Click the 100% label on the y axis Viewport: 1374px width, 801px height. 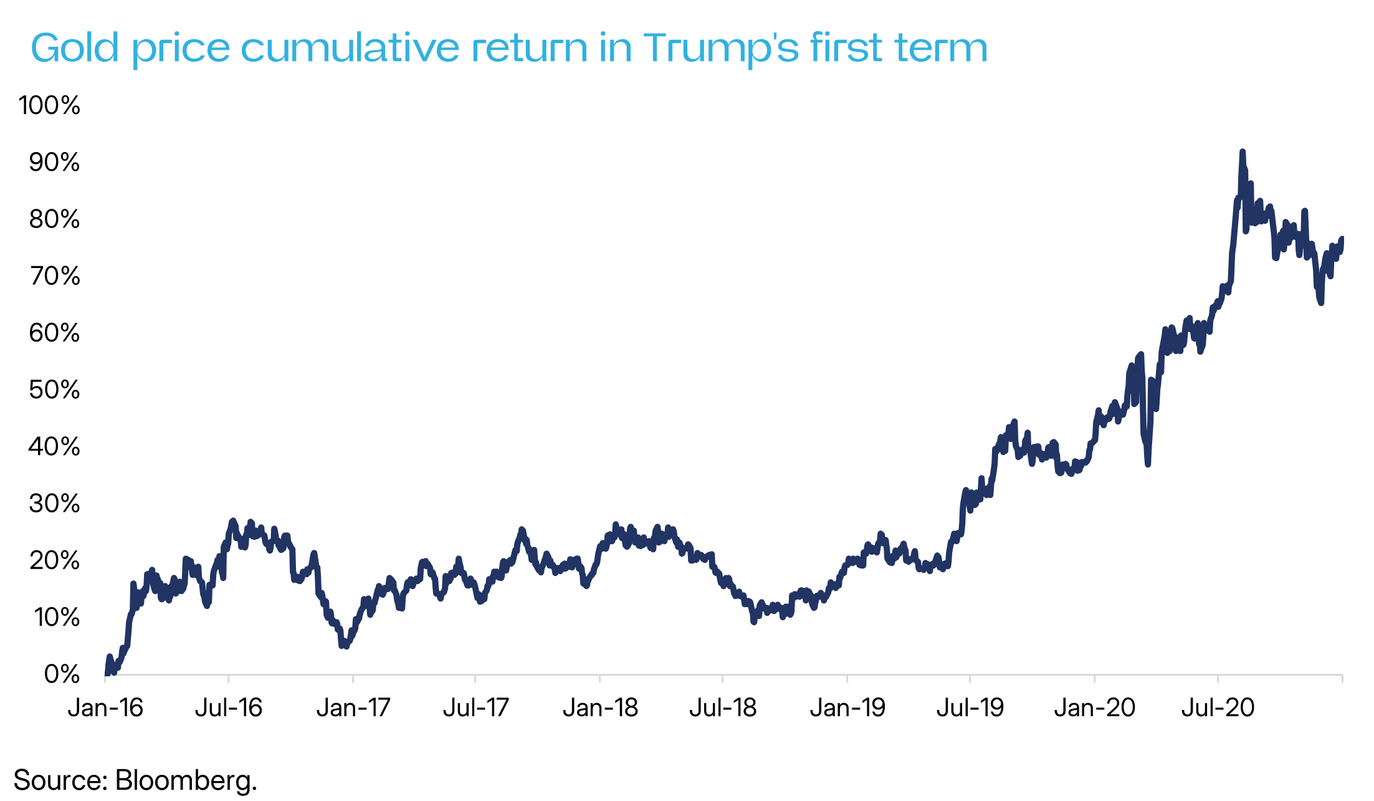click(50, 105)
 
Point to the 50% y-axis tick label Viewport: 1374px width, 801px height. click(54, 390)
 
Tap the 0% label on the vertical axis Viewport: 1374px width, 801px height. click(62, 674)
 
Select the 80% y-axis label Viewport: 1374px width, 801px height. click(54, 219)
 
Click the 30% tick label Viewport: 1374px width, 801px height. click(54, 504)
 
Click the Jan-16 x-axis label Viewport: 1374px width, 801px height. click(105, 708)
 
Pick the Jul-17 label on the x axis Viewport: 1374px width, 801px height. click(476, 708)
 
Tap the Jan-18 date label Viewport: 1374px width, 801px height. click(600, 708)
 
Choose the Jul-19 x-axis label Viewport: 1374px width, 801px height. click(970, 708)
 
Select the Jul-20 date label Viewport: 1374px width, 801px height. click(1218, 708)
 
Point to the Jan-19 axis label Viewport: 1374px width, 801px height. click(847, 708)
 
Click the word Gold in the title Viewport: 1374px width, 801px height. click(75, 48)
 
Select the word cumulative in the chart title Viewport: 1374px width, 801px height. click(351, 48)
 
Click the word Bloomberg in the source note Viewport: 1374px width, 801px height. click(185, 780)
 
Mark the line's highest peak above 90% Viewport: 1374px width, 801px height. click(1242, 151)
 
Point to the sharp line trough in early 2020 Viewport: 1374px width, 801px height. click(1147, 464)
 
